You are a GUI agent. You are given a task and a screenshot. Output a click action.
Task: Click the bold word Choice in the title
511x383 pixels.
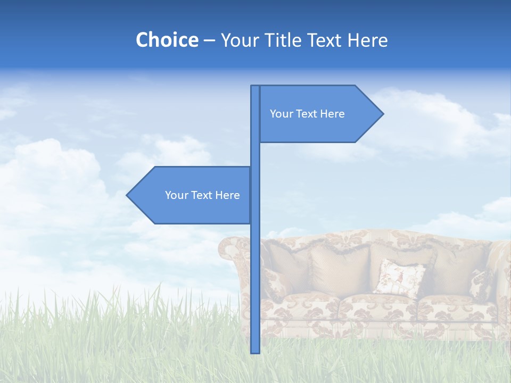[167, 40]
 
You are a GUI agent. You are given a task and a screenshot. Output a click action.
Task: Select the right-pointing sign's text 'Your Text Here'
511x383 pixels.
[307, 114]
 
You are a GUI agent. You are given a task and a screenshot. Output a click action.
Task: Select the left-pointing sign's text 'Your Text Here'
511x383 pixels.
[202, 195]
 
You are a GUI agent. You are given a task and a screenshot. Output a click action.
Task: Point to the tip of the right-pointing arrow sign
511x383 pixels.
[382, 113]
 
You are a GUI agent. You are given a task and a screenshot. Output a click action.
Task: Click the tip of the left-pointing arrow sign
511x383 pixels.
[127, 195]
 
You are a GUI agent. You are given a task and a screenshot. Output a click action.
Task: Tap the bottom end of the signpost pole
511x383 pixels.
[255, 352]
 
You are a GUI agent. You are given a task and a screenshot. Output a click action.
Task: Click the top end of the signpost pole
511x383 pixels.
[255, 87]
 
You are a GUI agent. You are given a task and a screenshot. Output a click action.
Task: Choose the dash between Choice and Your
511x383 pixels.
[209, 40]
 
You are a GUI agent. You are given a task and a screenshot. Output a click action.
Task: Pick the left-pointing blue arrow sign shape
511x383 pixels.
[186, 210]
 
